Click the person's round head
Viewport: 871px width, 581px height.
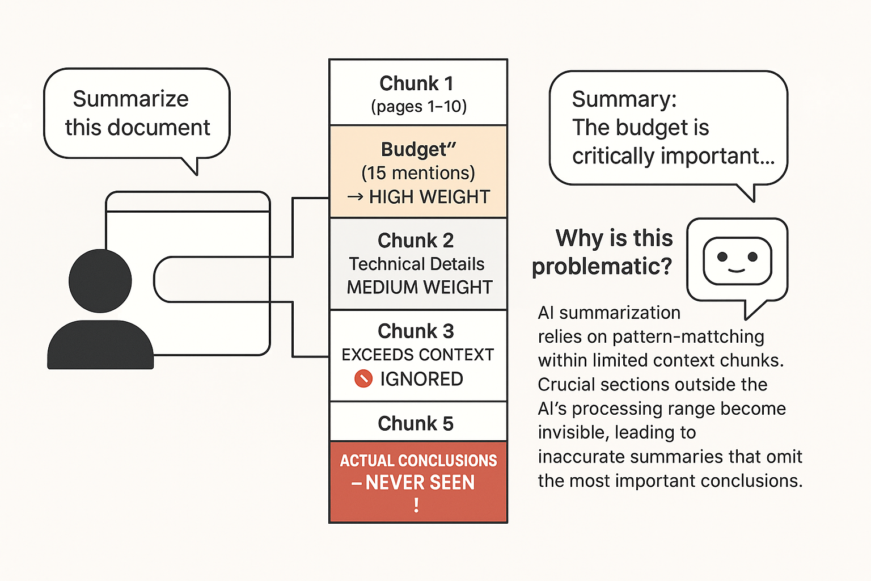coord(100,281)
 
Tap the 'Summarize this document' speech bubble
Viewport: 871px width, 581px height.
coord(137,113)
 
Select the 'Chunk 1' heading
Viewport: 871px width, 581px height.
coord(416,83)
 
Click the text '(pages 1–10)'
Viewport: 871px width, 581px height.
coord(418,107)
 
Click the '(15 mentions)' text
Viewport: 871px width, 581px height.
coord(418,173)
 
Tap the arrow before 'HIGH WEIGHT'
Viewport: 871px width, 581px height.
coord(355,197)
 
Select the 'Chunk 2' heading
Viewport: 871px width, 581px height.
coord(416,241)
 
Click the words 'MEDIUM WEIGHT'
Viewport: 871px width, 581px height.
coord(419,288)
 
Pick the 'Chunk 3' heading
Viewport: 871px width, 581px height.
coord(416,331)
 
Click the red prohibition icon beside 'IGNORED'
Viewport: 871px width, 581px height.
coord(363,378)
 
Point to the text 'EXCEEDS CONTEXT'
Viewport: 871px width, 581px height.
coord(417,355)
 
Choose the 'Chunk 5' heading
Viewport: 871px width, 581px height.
coord(416,423)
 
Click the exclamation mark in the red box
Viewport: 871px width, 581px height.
coord(417,505)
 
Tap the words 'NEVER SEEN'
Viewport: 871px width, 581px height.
coord(420,482)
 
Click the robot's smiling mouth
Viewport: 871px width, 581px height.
coord(737,270)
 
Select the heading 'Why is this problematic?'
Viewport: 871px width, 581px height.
coord(603,252)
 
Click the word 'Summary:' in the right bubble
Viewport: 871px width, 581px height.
coord(624,99)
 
